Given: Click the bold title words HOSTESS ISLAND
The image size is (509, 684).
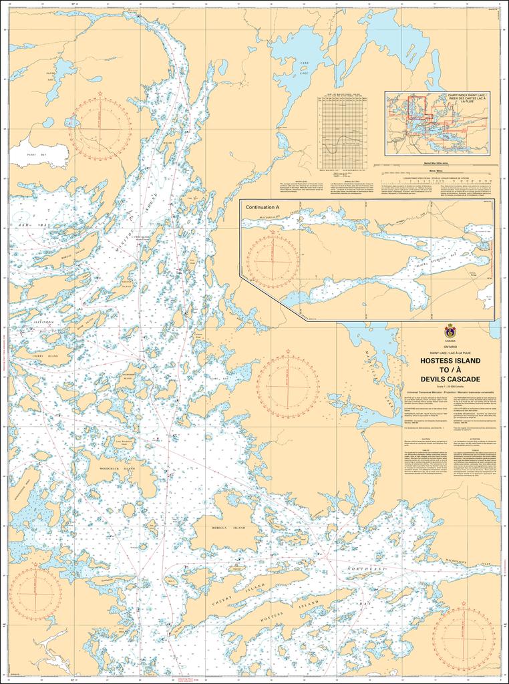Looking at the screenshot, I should pyautogui.click(x=450, y=361).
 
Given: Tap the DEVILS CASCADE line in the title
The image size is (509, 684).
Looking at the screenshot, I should pyautogui.click(x=450, y=379).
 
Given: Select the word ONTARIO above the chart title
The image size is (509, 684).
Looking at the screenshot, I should pyautogui.click(x=450, y=346).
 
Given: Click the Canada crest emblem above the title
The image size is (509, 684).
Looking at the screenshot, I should pyautogui.click(x=450, y=331).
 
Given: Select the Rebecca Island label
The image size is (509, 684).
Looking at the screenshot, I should pyautogui.click(x=228, y=528).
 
